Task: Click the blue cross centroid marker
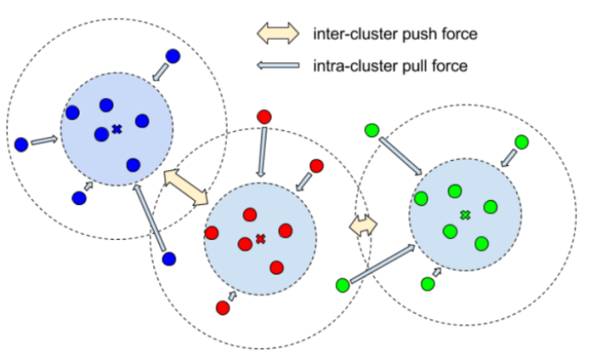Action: click(116, 129)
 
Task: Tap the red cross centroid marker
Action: click(261, 239)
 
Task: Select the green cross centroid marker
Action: click(465, 215)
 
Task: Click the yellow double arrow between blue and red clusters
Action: click(185, 186)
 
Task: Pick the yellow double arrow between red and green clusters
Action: click(363, 224)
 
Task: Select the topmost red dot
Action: click(264, 117)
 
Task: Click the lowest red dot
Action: click(222, 308)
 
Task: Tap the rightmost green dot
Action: click(521, 142)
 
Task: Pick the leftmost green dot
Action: click(342, 285)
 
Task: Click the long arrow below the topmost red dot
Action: click(262, 152)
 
